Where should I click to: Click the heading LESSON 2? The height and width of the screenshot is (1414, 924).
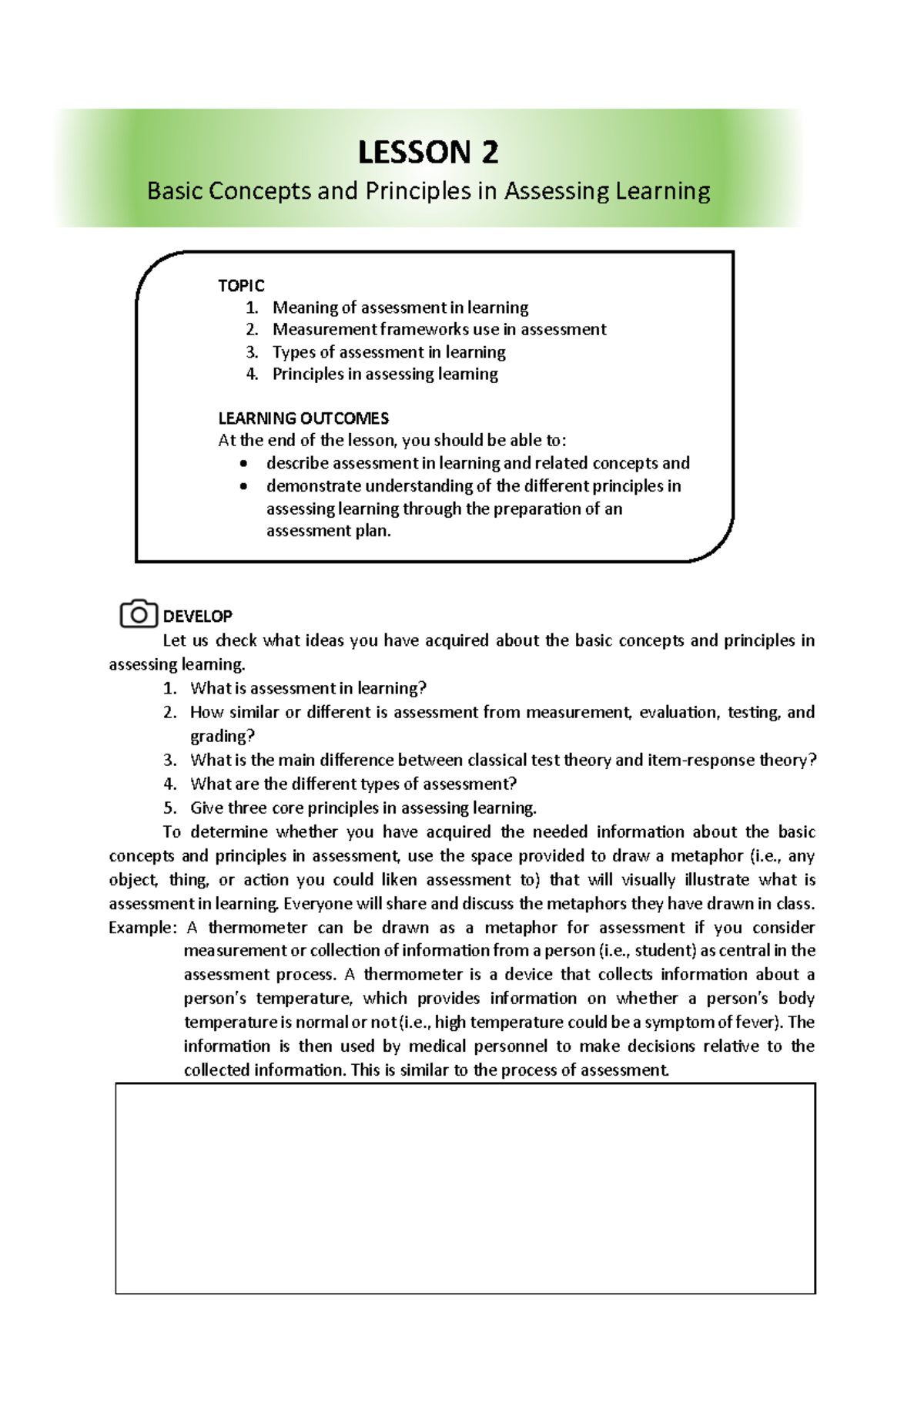[428, 153]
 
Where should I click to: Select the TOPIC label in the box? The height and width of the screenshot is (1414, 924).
[241, 286]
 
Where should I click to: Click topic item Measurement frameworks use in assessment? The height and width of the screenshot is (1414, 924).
[439, 330]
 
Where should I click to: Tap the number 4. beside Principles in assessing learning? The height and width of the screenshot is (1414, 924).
[252, 374]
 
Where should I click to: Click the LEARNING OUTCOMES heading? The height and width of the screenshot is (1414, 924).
[303, 418]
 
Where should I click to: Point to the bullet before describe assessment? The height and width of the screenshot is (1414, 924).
[244, 464]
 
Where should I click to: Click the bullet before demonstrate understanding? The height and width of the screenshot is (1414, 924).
[244, 486]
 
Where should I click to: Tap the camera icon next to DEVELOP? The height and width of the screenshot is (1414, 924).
[139, 615]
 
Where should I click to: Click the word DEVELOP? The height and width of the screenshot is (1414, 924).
[198, 616]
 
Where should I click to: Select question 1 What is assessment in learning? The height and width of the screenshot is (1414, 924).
[308, 688]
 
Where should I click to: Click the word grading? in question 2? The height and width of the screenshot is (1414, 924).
[223, 736]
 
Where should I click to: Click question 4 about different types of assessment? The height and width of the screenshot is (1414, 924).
[353, 784]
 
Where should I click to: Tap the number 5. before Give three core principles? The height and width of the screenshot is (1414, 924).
[170, 808]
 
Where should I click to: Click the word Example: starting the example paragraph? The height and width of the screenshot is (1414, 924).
[142, 928]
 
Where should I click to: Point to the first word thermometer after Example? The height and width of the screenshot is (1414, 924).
[258, 928]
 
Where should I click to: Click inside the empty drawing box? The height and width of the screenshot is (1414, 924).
[465, 1187]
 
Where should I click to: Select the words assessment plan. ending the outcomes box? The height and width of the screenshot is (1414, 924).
[329, 531]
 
